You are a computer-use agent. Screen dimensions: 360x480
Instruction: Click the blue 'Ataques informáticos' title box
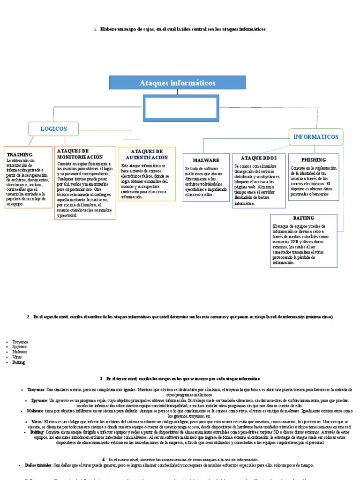pyautogui.click(x=177, y=82)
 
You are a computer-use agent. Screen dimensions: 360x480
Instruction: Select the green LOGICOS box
pyautogui.click(x=53, y=128)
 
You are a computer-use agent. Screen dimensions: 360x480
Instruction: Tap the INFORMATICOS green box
pyautogui.click(x=315, y=137)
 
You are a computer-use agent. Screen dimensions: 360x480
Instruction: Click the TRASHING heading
pyautogui.click(x=19, y=154)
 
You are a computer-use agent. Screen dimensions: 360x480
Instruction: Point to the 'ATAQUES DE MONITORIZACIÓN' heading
pyautogui.click(x=80, y=154)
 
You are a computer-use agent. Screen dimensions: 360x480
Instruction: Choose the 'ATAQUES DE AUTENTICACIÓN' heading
pyautogui.click(x=147, y=155)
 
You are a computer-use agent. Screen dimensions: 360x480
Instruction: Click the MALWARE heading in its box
pyautogui.click(x=206, y=160)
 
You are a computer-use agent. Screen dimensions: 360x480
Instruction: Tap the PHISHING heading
pyautogui.click(x=314, y=160)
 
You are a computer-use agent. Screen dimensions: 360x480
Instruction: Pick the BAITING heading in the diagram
pyautogui.click(x=304, y=218)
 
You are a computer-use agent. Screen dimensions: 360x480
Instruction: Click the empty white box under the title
pyautogui.click(x=180, y=108)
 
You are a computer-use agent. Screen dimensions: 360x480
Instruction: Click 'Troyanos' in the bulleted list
pyautogui.click(x=20, y=342)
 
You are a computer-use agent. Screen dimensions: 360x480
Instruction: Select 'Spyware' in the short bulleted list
pyautogui.click(x=20, y=347)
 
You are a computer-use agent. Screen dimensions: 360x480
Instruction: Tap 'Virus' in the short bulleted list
pyautogui.click(x=17, y=357)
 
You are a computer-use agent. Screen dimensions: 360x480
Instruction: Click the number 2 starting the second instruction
pyautogui.click(x=29, y=317)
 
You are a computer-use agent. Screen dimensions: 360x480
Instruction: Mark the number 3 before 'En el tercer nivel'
pyautogui.click(x=101, y=378)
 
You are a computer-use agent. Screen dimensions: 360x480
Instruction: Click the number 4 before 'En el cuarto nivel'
pyautogui.click(x=103, y=460)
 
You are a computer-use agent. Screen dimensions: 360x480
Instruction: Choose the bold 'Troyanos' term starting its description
pyautogui.click(x=36, y=390)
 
